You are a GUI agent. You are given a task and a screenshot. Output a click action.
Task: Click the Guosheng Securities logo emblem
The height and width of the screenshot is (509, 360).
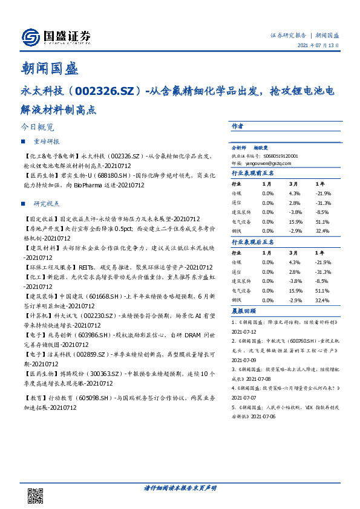31,37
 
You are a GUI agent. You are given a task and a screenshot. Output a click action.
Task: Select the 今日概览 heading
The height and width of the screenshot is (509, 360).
37,128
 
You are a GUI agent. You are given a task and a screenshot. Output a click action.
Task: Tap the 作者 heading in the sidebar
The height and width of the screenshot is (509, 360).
237,127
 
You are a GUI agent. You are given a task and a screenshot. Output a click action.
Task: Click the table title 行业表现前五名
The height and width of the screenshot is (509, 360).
253,173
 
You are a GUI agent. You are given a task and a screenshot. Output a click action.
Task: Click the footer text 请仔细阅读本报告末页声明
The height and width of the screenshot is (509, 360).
180,487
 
